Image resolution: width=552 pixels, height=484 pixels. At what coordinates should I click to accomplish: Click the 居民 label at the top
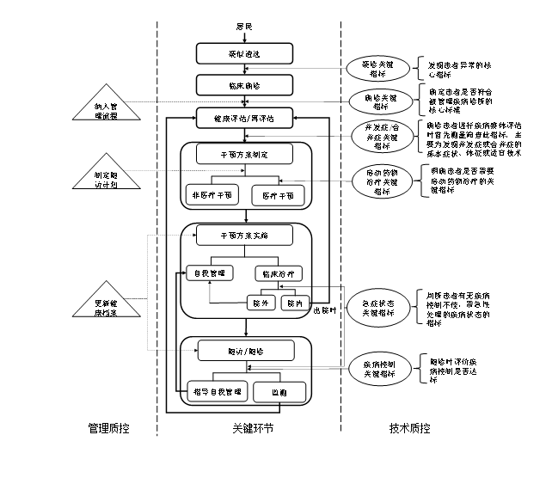244,28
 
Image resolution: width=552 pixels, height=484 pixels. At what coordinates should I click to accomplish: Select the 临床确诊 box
244,85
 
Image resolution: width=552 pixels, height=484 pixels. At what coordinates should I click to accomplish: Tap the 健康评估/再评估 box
245,119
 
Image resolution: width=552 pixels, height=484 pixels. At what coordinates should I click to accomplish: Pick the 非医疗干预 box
212,195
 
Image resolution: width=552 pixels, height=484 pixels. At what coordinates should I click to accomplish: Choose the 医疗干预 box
278,195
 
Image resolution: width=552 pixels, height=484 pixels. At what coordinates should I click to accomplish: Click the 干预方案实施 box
244,235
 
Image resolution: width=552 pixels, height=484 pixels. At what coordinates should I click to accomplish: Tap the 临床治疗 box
278,273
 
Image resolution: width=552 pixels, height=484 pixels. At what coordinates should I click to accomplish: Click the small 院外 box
260,303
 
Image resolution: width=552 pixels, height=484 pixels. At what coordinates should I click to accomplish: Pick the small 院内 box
295,303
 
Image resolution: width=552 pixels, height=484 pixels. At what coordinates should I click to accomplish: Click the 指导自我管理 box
216,391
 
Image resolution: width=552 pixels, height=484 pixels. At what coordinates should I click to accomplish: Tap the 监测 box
279,391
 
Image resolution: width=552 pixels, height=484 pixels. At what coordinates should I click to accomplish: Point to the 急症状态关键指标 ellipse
379,308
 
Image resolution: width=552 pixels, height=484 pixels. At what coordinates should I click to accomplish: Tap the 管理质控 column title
109,427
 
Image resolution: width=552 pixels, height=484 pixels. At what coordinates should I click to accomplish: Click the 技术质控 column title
410,427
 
